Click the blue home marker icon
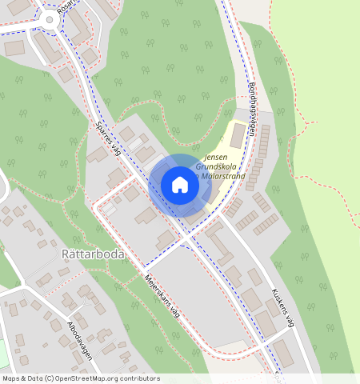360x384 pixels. [180, 185]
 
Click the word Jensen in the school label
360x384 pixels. [217, 158]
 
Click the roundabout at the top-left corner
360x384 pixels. [50, 19]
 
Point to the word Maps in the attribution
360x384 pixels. [11, 378]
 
